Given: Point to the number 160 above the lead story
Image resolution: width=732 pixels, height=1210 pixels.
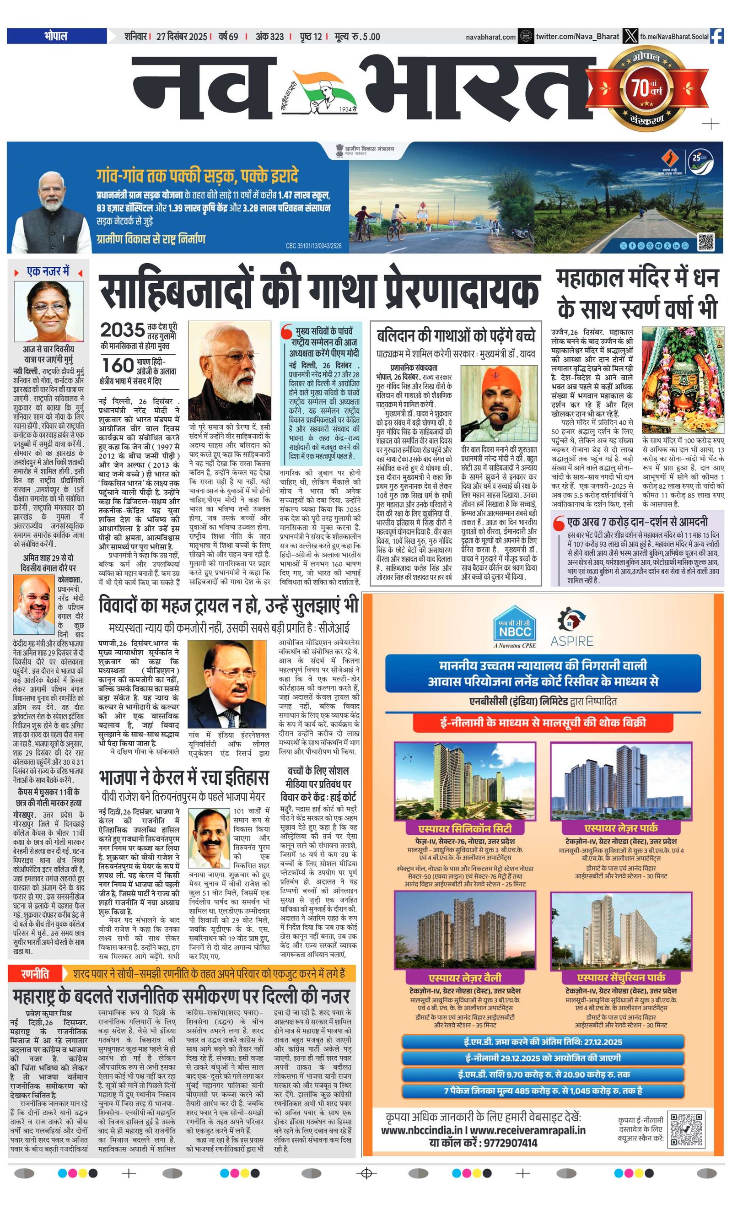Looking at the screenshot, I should (118, 365).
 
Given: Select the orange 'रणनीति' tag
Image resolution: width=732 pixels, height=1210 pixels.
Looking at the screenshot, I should (35, 973).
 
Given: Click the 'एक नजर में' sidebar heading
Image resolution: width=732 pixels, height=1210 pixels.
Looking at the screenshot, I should (48, 271).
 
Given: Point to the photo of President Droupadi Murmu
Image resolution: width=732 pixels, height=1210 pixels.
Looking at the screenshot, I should (48, 312).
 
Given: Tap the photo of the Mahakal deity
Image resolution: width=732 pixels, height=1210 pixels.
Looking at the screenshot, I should (683, 379).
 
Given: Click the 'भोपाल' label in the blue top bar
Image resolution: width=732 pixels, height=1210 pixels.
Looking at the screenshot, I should (56, 36).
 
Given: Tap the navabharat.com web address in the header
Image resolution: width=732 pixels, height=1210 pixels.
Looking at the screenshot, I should (490, 37).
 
